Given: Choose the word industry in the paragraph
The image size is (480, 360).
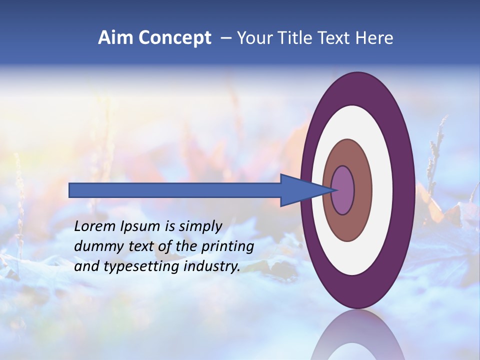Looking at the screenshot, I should click(x=212, y=267).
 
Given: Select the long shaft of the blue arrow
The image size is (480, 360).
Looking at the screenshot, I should click(x=175, y=190).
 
